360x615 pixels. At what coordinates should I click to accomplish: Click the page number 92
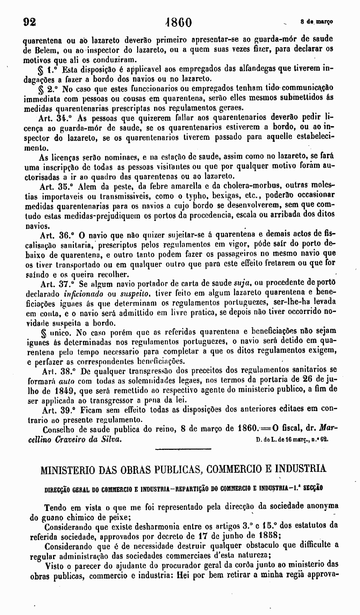point(29,22)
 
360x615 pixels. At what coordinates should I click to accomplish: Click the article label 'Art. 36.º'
point(57,235)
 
